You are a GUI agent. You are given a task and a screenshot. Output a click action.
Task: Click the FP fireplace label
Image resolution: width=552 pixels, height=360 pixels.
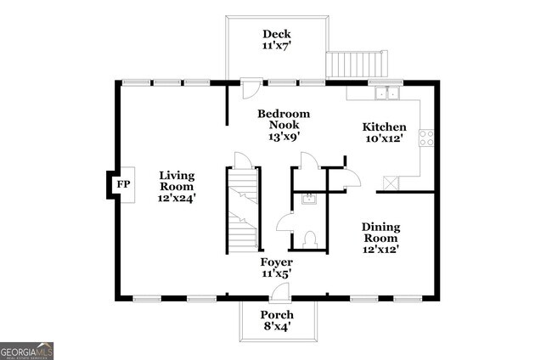tap(123, 184)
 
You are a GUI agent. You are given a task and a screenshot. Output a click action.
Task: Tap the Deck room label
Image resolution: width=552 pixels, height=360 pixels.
tap(276, 34)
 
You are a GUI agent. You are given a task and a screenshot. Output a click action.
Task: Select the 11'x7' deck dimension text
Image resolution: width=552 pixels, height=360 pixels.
tap(276, 48)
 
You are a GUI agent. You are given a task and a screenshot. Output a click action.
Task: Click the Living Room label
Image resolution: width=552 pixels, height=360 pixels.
tap(177, 181)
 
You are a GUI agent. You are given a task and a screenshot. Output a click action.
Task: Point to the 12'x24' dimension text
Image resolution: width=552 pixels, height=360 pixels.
tap(177, 198)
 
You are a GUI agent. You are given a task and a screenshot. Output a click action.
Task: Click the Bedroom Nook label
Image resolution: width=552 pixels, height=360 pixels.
tap(284, 119)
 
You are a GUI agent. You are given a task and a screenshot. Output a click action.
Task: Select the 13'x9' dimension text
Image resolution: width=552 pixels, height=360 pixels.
tap(284, 136)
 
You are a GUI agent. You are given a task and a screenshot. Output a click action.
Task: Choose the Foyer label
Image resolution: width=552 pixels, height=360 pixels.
tap(277, 262)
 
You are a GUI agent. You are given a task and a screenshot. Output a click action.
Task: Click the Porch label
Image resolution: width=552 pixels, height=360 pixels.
tap(277, 315)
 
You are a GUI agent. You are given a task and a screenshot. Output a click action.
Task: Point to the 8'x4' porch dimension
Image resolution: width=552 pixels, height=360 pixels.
tap(277, 328)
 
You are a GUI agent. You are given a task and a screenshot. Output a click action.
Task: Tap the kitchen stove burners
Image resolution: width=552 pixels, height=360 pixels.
tap(426, 138)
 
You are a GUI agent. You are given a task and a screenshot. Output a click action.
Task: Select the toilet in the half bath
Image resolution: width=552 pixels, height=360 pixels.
tap(310, 239)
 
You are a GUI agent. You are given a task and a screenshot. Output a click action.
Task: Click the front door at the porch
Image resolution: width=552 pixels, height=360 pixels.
tap(279, 293)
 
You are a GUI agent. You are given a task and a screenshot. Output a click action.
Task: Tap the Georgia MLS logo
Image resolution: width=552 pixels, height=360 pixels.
tap(26, 350)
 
